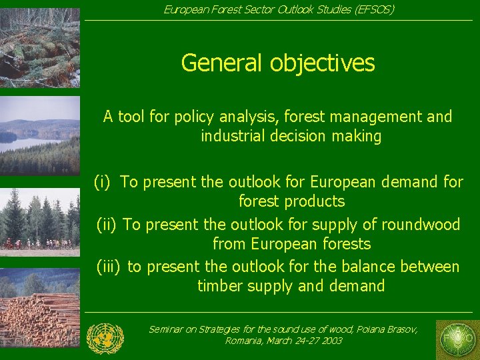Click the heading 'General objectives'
(278, 63)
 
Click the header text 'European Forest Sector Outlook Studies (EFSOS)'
(279, 9)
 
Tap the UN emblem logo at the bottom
(105, 338)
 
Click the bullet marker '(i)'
(102, 182)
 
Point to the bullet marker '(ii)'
(108, 225)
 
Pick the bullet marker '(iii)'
(108, 267)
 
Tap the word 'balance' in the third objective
(371, 267)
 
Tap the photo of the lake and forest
(40, 136)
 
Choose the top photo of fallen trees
(40, 47)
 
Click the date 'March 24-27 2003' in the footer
(304, 341)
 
